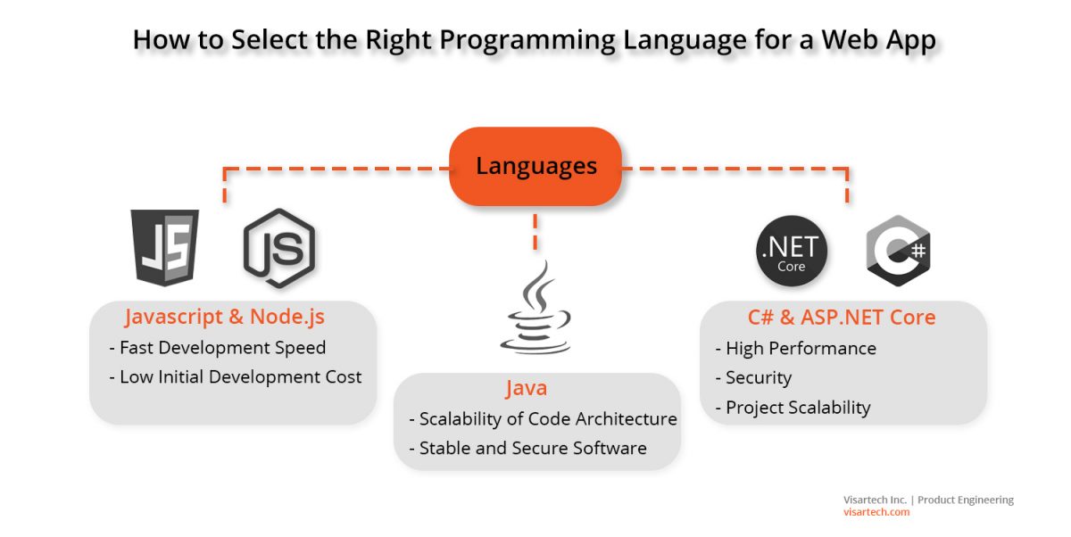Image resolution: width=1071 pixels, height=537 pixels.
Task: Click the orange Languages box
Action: (535, 166)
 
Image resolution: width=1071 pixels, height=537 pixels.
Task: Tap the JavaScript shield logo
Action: (165, 247)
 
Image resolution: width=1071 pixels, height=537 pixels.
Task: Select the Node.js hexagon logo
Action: (279, 248)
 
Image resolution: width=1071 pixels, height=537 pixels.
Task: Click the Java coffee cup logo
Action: (535, 309)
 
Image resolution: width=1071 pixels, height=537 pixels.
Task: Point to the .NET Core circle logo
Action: (792, 251)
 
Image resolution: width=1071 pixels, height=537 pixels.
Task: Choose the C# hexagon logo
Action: (898, 250)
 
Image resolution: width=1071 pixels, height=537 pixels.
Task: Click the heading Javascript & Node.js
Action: (225, 317)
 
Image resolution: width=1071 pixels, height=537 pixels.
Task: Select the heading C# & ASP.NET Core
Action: (842, 317)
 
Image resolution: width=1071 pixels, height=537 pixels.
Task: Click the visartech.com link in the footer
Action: (876, 513)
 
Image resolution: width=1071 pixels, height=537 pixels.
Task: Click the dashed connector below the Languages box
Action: (535, 231)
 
